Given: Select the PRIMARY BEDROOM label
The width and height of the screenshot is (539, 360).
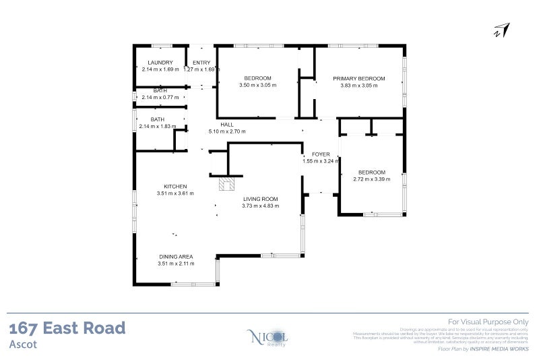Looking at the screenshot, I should [x=358, y=79].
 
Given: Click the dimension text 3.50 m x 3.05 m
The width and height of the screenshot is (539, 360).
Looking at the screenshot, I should [x=257, y=86].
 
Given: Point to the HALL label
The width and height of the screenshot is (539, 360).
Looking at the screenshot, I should [x=227, y=125].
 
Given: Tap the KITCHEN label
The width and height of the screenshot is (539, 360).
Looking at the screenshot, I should [x=175, y=187].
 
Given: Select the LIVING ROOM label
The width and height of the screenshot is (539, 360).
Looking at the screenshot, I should [x=260, y=199].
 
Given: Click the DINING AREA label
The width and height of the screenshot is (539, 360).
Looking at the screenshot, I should [x=176, y=257].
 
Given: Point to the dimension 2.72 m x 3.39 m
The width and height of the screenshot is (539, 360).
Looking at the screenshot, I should [x=371, y=179].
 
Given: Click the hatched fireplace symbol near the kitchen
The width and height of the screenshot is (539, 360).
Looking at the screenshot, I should [x=225, y=184].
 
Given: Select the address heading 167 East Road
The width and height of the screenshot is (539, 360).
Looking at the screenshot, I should [x=67, y=328].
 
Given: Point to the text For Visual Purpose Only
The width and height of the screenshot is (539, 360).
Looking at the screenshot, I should [x=488, y=322].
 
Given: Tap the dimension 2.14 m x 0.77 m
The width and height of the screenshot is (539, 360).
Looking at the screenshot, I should [x=160, y=97].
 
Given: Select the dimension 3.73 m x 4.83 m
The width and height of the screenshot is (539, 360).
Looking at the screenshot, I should [x=260, y=206].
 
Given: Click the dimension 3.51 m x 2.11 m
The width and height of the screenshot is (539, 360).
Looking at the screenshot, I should [x=176, y=264].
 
